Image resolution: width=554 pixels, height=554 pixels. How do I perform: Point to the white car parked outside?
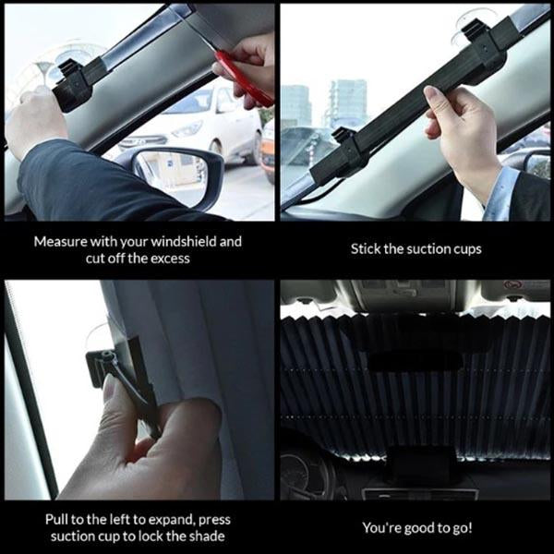(x=199, y=128)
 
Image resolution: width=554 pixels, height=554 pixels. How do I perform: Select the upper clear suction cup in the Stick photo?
(x=469, y=27)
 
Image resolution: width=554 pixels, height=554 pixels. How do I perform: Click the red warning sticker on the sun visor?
(x=512, y=284)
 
